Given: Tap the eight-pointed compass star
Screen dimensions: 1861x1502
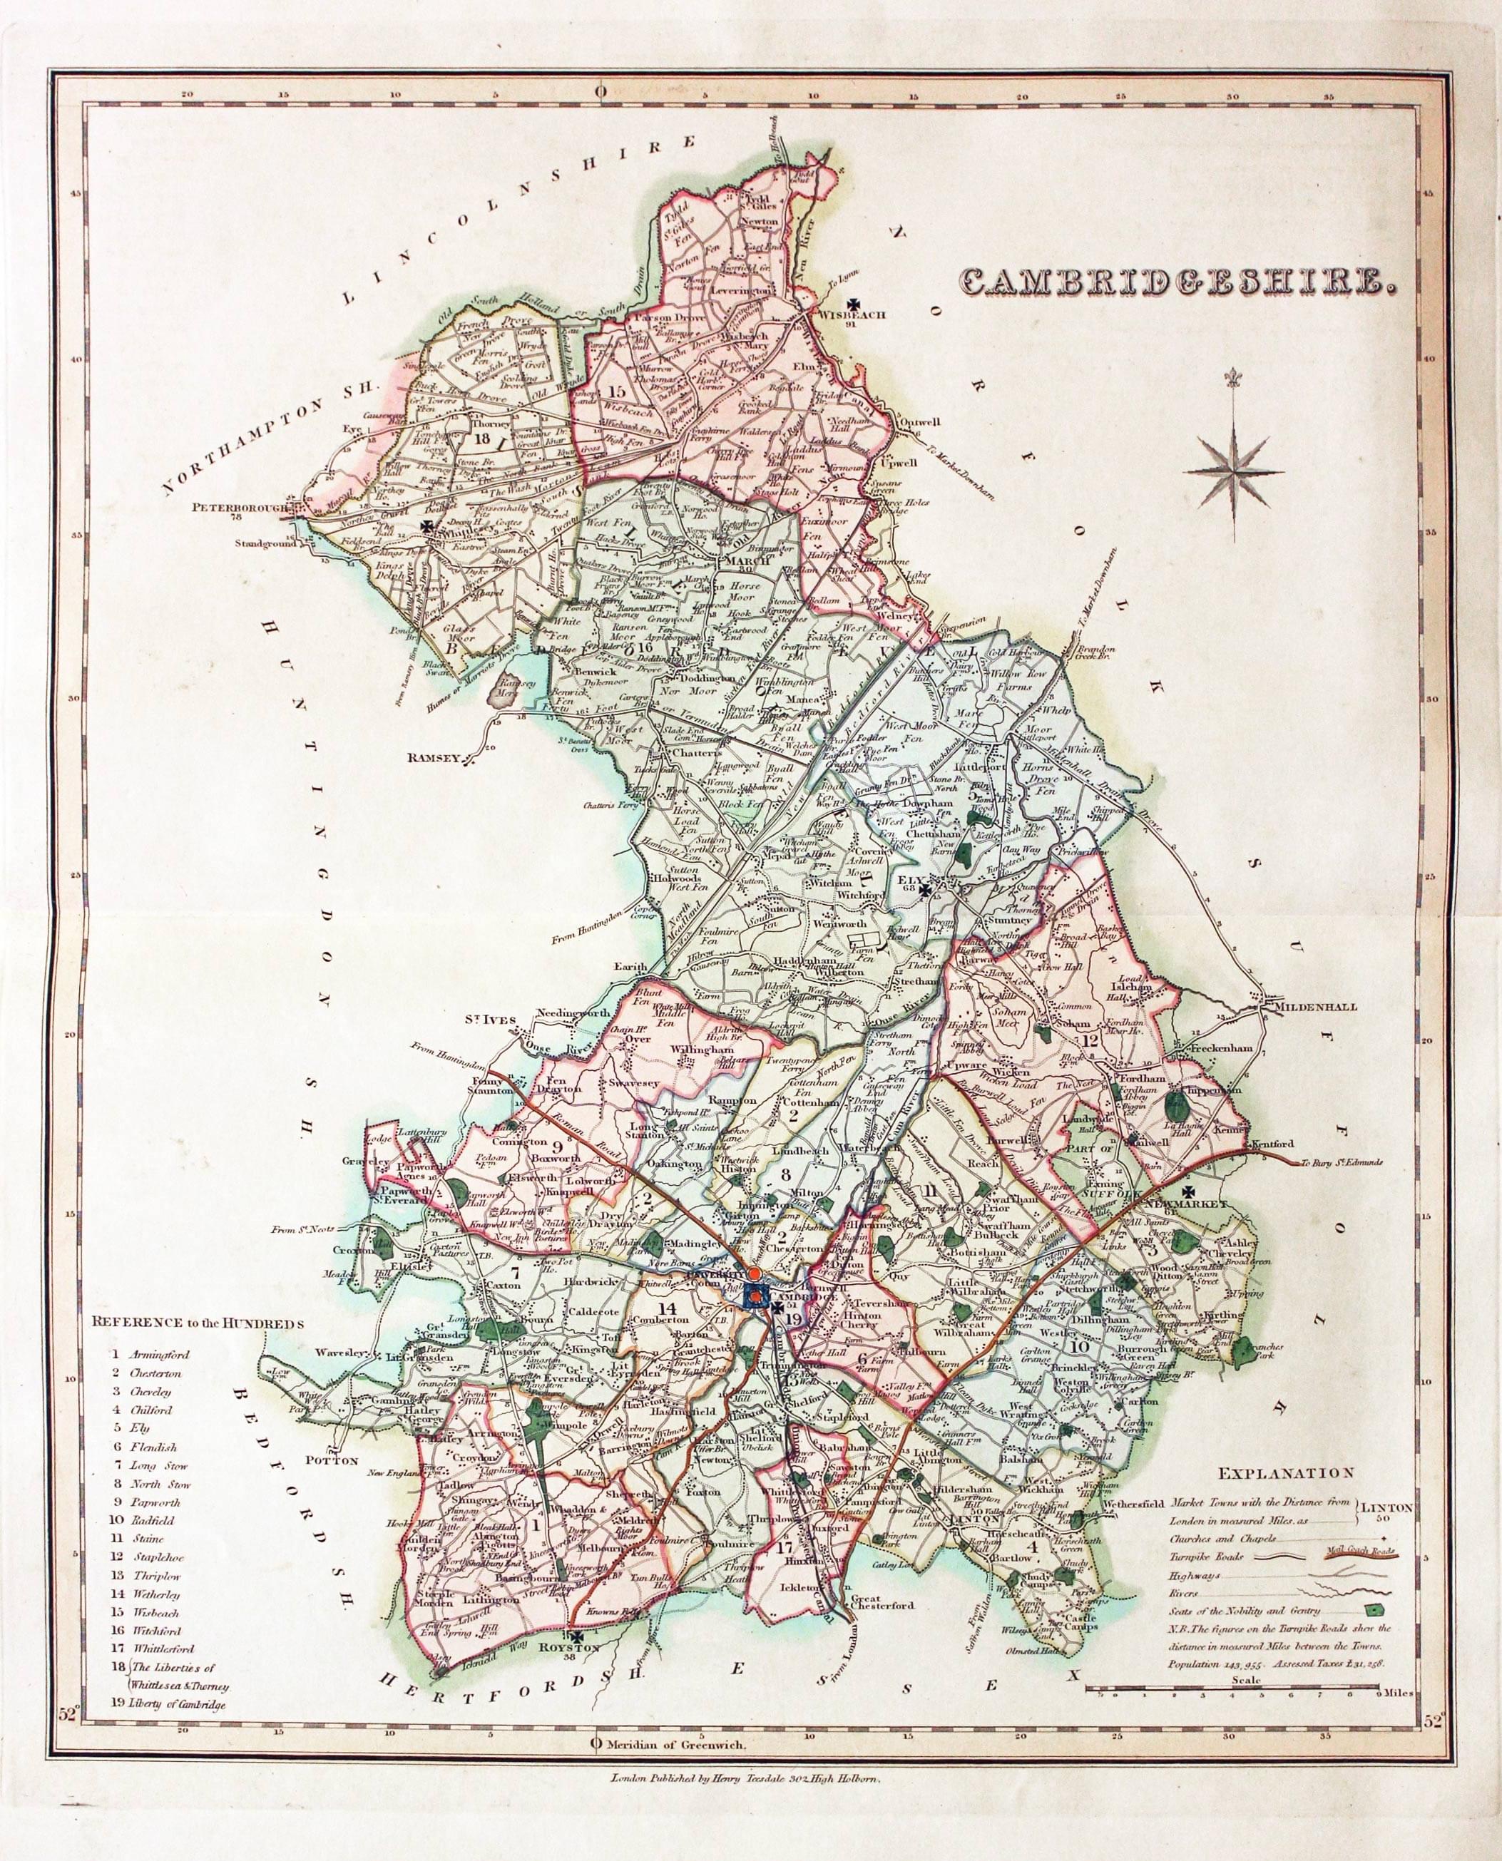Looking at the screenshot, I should (1234, 470).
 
